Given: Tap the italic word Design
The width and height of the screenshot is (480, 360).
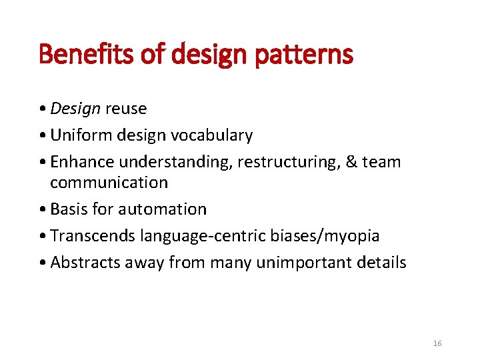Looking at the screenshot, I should (75, 108).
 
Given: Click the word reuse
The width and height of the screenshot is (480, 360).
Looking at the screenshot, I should (125, 108).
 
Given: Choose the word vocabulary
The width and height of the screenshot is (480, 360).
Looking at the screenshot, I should (211, 135).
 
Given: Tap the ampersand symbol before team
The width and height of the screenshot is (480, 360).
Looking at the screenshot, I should (351, 162).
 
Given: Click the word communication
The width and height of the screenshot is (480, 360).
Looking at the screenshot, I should (109, 182).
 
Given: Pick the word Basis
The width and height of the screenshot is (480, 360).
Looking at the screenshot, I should (69, 209).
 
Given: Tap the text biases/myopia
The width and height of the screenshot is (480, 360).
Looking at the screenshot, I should (329, 235).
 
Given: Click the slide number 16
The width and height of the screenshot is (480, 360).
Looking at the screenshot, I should (437, 343).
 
